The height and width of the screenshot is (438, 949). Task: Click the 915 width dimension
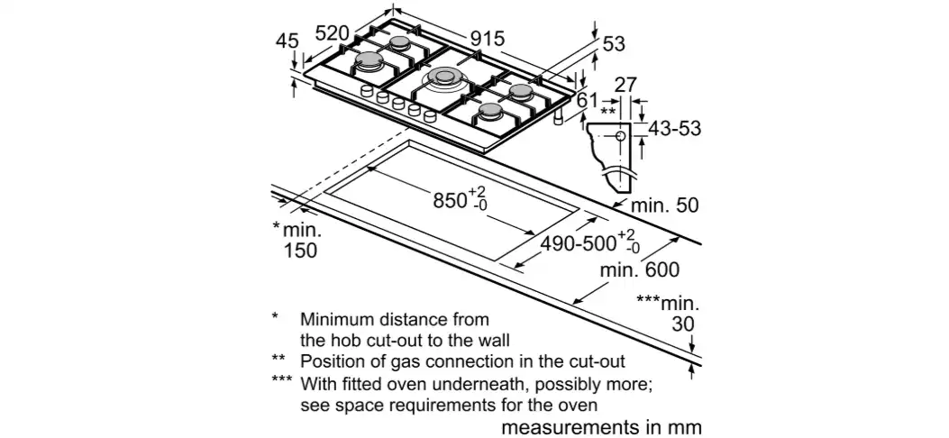tap(487, 39)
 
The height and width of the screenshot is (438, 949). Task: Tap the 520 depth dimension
tap(332, 33)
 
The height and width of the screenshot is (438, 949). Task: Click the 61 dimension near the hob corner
tap(586, 100)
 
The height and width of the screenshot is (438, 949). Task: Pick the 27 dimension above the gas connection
tap(625, 86)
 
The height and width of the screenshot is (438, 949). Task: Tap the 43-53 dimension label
tap(674, 129)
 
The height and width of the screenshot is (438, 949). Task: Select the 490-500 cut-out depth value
tap(577, 242)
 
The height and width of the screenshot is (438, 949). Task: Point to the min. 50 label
tap(664, 205)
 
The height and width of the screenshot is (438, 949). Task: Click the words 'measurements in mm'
tap(600, 425)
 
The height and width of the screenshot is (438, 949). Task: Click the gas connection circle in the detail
tap(621, 135)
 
